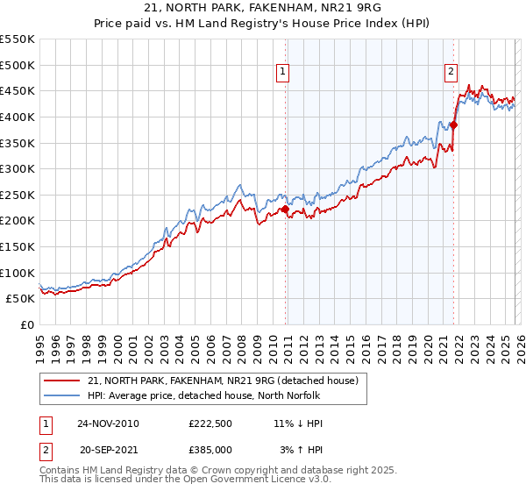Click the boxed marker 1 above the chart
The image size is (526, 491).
click(x=285, y=73)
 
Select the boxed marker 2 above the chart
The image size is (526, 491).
click(x=451, y=73)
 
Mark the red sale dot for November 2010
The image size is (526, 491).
click(x=285, y=209)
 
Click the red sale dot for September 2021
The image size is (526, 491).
click(x=454, y=125)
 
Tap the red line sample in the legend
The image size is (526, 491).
click(x=62, y=381)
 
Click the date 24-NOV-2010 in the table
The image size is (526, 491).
click(x=108, y=423)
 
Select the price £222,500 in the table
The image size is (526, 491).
click(x=209, y=423)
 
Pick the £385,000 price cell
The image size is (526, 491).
click(x=209, y=449)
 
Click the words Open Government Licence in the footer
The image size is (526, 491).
click(x=260, y=480)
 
